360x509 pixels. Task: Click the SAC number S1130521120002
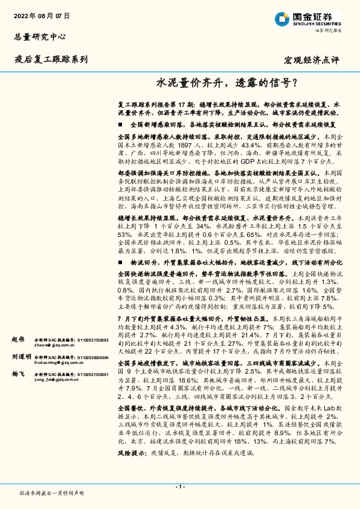[x=91, y=340]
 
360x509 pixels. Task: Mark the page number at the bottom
[x=179, y=487]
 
